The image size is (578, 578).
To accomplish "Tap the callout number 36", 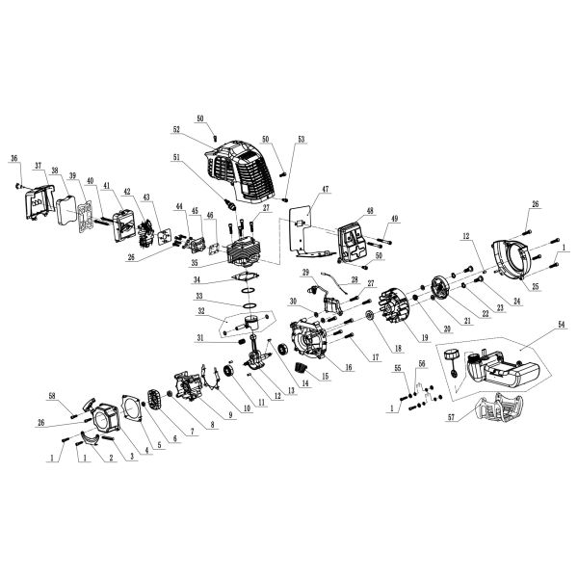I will point(14,158).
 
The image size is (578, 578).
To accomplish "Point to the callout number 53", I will point(301,140).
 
